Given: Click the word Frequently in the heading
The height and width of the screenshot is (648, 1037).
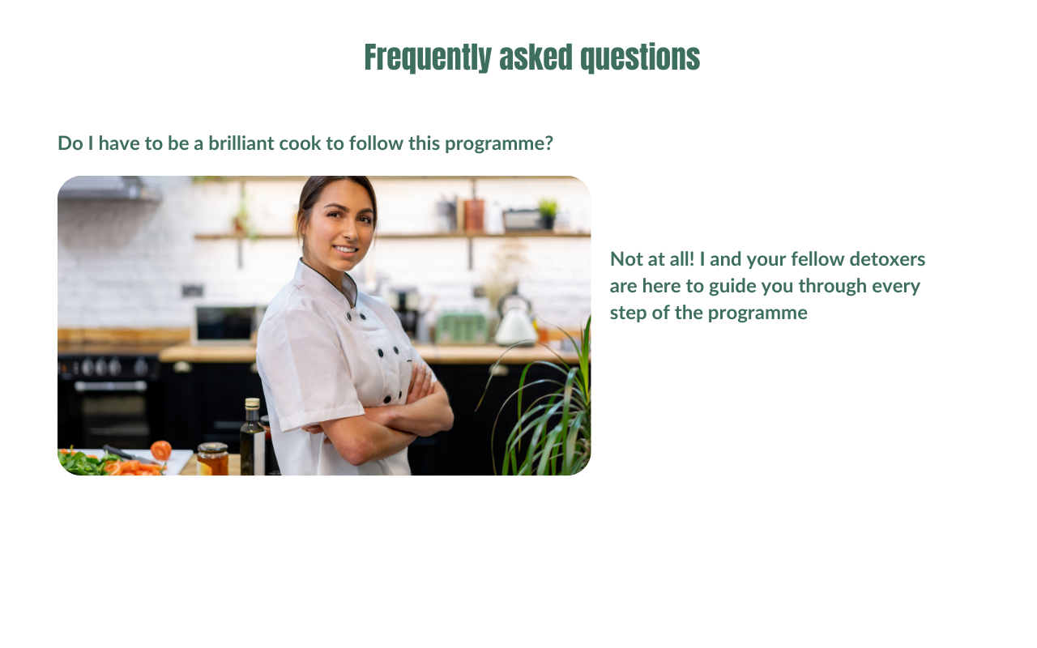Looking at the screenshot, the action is pos(428,58).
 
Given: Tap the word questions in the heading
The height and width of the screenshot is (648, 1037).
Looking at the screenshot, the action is pos(640,58).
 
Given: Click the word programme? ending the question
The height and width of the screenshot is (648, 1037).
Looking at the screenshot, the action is pos(498,144).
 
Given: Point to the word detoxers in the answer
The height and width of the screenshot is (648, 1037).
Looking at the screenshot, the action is pos(887,259).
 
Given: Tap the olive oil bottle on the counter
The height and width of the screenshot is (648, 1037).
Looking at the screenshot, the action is pos(252,437).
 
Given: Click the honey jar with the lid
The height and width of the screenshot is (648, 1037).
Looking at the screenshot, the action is pos(212,458).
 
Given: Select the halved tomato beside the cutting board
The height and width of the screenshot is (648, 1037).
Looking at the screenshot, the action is pos(161,450).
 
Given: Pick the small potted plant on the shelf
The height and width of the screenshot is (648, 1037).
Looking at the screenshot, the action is pos(548,213).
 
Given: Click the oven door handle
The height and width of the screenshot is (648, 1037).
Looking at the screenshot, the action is pos(110,386).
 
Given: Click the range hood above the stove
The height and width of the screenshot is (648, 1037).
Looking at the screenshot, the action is pos(109,189).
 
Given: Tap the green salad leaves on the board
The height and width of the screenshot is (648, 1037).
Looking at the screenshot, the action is pos(85,463).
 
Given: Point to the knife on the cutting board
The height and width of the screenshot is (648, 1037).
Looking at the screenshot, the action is pos(130,454).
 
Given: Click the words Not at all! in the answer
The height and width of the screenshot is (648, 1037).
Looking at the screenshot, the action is pos(652,259).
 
